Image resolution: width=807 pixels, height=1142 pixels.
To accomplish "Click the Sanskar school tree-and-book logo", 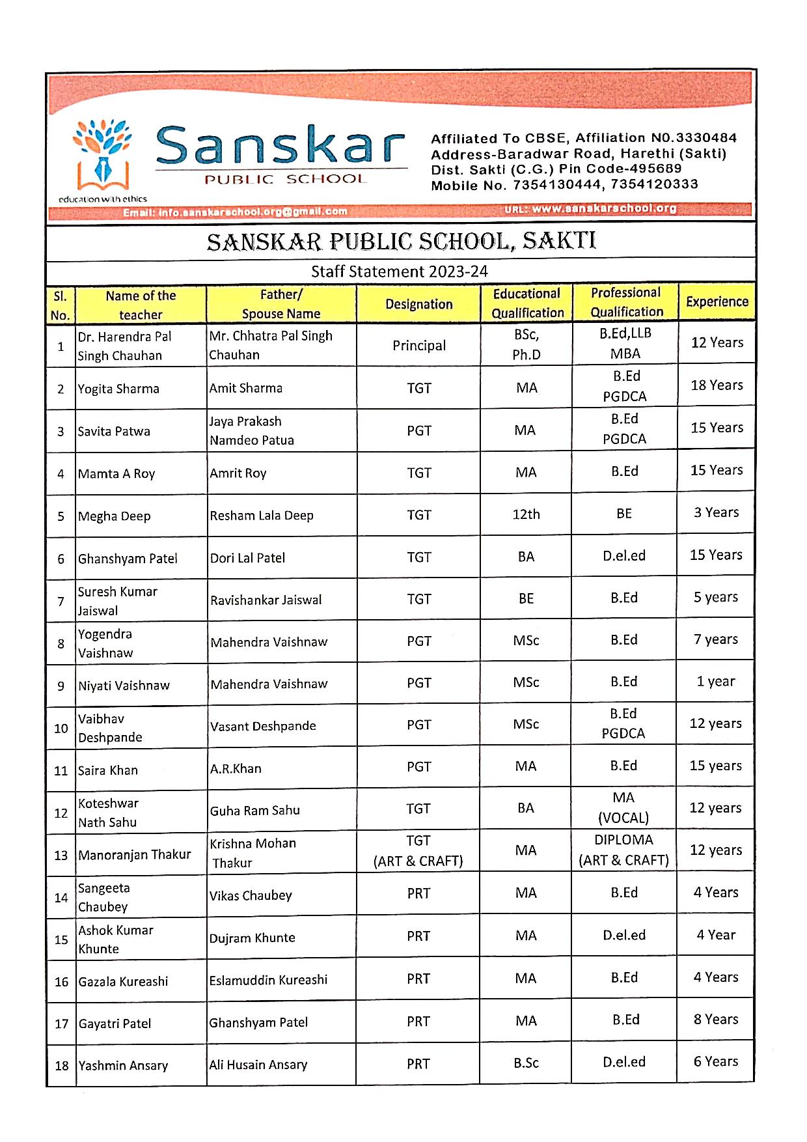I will [x=103, y=155].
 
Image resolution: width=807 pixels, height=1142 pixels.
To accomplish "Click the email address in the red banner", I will [x=235, y=212].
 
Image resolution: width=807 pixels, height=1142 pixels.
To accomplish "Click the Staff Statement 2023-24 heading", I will [x=399, y=272].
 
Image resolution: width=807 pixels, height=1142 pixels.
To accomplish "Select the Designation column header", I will [x=418, y=304].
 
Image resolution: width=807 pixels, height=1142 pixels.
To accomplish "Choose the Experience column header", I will [x=717, y=301].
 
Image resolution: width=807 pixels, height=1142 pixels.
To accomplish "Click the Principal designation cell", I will [x=418, y=346].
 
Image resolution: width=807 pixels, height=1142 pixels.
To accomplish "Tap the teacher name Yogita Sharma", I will [x=118, y=389].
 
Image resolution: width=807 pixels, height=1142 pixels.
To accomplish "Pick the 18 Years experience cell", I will [x=717, y=385].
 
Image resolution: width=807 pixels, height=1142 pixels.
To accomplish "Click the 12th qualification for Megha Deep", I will [x=526, y=514].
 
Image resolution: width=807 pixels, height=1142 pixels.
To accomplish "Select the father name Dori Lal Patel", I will [x=247, y=558].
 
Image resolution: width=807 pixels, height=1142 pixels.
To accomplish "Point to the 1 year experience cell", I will [x=715, y=682].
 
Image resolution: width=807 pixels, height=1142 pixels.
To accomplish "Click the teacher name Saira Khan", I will [x=108, y=770].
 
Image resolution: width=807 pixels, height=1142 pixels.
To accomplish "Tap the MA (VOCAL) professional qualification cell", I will [x=623, y=807].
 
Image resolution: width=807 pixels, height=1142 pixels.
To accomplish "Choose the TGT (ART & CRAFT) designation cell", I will [x=418, y=851].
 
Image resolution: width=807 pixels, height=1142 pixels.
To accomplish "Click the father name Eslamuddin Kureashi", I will [x=268, y=980].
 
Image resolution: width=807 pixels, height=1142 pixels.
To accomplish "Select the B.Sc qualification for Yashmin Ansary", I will [x=526, y=1063].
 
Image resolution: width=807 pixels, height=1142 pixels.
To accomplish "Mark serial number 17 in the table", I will [x=61, y=1024].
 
